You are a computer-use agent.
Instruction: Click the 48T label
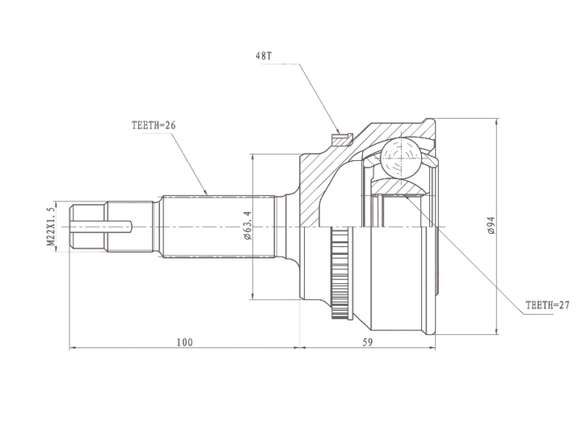[264, 56]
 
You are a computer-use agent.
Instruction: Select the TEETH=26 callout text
[154, 125]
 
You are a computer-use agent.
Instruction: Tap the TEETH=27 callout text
[547, 305]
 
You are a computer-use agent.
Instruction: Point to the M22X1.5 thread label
[51, 227]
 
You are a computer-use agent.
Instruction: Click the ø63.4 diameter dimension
[248, 226]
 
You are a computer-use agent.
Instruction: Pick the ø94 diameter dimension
[492, 225]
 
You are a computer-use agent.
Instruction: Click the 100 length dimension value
[184, 342]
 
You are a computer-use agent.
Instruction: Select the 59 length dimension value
[368, 342]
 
